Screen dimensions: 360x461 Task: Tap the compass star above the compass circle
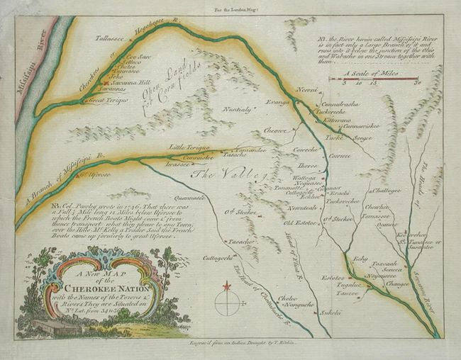click(x=227, y=286)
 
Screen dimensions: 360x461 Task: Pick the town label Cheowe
click(x=275, y=130)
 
